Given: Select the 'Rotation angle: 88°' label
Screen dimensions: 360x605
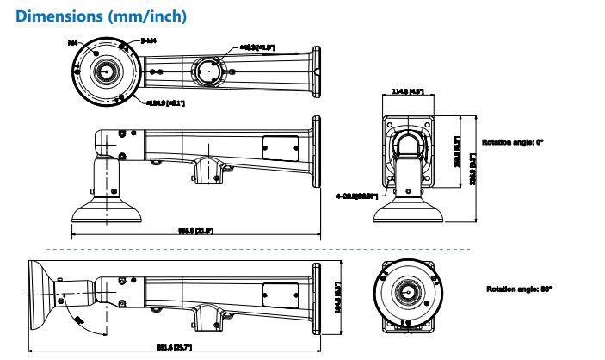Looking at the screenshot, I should pos(520,289).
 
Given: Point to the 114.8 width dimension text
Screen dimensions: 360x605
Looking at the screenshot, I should pos(410,90).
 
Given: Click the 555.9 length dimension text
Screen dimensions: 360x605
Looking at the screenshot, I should pos(195,231).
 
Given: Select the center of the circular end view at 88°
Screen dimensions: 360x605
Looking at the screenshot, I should pos(404,292).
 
